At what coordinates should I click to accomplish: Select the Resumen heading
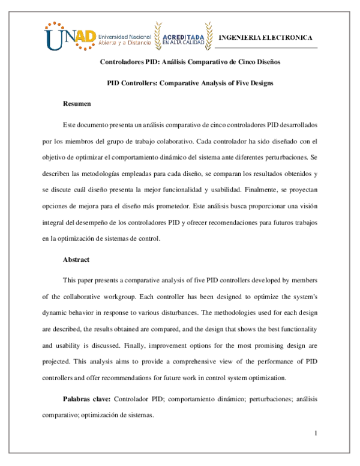click(77, 104)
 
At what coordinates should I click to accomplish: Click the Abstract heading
click(76, 259)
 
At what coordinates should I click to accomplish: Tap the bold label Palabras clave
click(86, 399)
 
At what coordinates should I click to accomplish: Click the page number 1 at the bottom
click(314, 434)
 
